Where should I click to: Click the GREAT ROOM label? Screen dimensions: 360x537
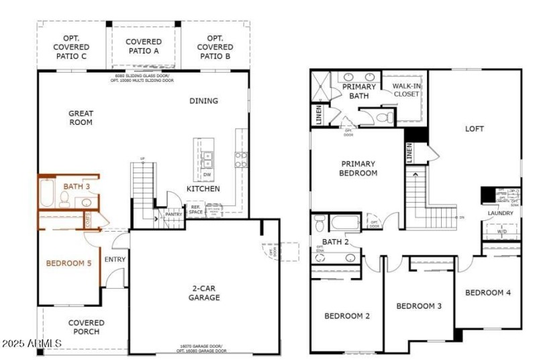click(81, 118)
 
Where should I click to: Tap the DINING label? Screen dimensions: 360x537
click(203, 101)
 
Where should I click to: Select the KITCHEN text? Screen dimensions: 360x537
click(203, 189)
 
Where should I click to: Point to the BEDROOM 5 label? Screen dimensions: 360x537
click(68, 263)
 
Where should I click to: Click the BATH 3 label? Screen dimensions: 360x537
click(77, 185)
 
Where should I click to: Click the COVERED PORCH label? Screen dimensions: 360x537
click(86, 327)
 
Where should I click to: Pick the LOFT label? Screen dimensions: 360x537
click(474, 128)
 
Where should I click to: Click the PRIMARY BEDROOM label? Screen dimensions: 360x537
click(358, 168)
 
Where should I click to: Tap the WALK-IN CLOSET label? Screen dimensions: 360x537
click(405, 90)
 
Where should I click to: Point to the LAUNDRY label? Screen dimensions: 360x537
click(501, 214)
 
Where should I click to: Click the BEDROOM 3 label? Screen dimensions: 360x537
click(419, 306)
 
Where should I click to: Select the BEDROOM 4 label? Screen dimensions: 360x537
click(488, 292)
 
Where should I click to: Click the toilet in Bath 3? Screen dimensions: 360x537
click(65, 198)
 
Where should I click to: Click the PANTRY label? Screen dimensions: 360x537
click(174, 214)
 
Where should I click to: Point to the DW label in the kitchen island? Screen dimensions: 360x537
click(207, 175)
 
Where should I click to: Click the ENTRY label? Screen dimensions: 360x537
click(115, 259)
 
